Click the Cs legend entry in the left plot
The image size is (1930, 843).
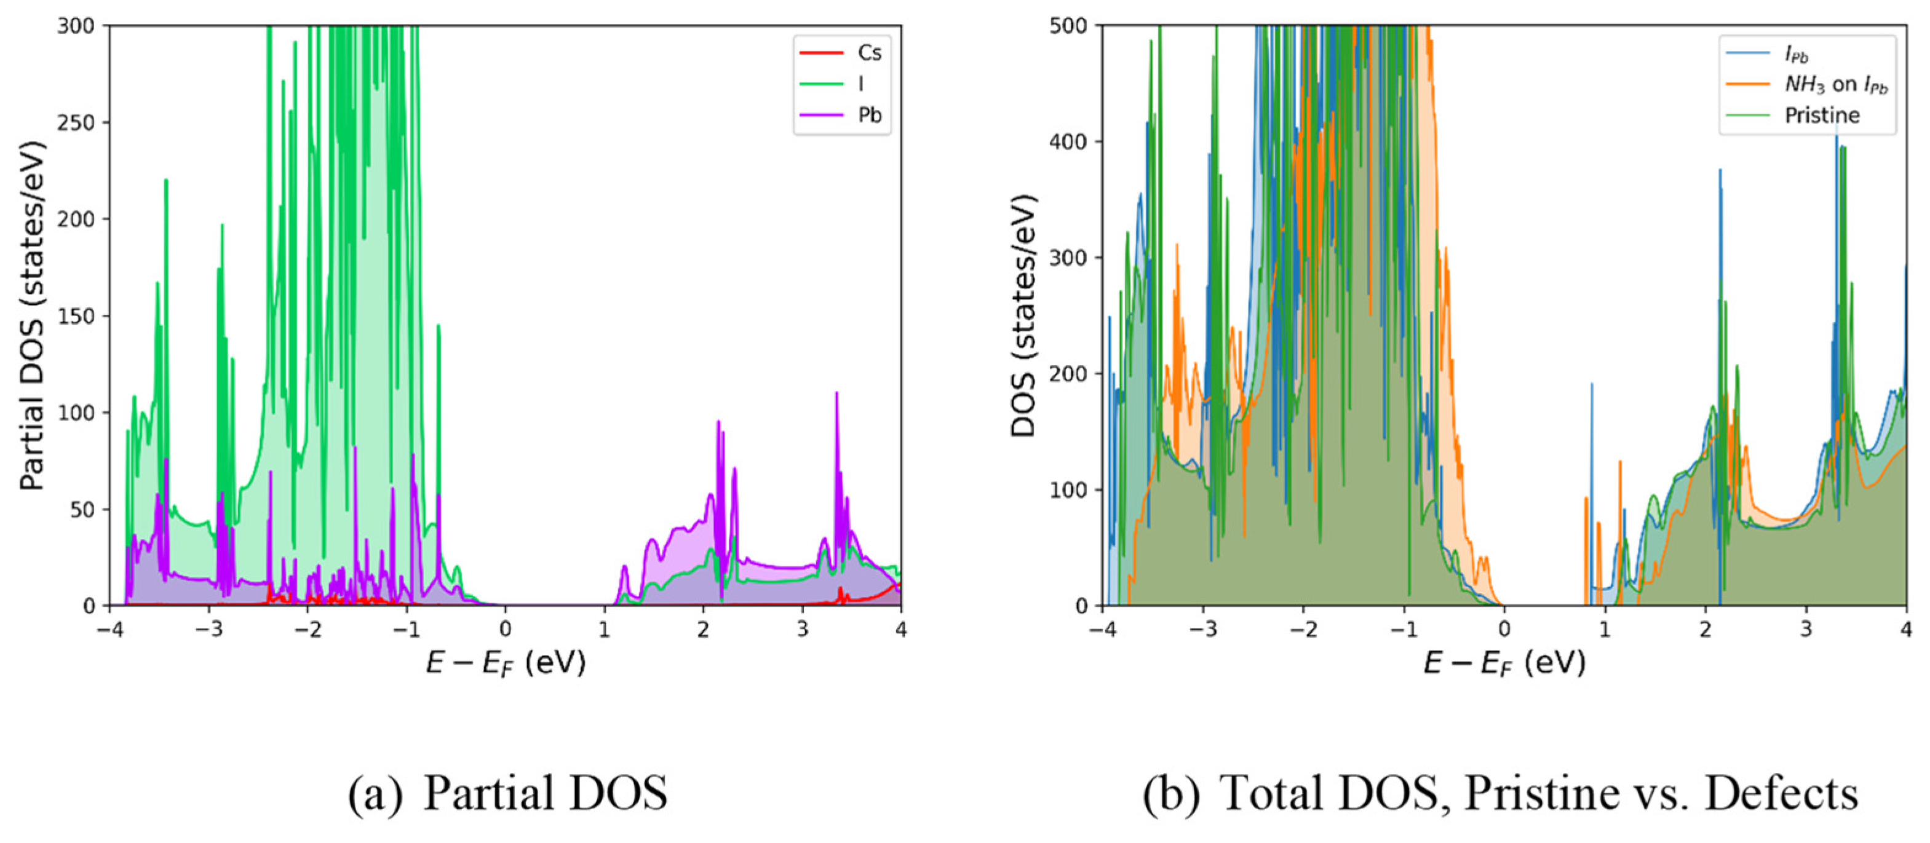(868, 52)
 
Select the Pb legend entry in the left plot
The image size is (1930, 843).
(869, 116)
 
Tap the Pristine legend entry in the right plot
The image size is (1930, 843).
(1821, 116)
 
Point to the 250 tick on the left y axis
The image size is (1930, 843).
(77, 122)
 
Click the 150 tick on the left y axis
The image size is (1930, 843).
(77, 315)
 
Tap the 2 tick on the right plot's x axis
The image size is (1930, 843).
(1706, 630)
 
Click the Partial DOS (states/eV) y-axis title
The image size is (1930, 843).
(32, 315)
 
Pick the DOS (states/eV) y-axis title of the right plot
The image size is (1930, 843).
(1023, 315)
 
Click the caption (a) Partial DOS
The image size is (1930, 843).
(507, 793)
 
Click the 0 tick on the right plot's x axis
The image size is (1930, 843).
(1504, 630)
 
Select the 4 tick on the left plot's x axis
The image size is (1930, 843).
(900, 630)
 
